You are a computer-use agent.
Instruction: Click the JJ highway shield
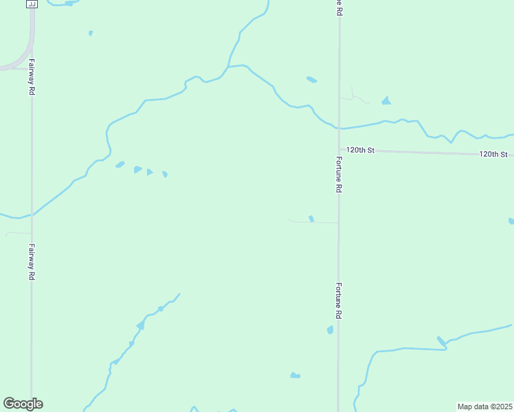31,4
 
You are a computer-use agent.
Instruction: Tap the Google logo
23,404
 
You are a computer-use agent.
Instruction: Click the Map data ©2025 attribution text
485,407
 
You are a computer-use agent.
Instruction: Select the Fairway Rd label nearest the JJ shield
32,80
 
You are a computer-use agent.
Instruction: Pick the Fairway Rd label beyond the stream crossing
32,262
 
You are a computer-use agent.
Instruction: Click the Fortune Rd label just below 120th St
339,174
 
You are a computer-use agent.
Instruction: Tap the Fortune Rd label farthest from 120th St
339,300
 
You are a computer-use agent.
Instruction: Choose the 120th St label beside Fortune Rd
360,150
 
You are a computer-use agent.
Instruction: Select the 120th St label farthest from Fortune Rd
493,154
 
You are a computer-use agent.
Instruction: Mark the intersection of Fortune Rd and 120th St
339,149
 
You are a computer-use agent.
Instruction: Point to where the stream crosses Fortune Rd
339,128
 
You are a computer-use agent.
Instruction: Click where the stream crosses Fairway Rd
32,215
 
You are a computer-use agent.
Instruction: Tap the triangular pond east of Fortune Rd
386,101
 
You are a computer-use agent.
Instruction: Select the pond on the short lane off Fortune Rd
311,219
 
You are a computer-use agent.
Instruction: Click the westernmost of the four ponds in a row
120,165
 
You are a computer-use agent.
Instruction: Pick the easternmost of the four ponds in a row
165,174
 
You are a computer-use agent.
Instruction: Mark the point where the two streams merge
228,67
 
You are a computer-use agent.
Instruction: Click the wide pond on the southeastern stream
441,341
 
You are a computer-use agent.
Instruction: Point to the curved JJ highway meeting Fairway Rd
27,55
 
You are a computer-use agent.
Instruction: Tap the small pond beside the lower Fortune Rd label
330,330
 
